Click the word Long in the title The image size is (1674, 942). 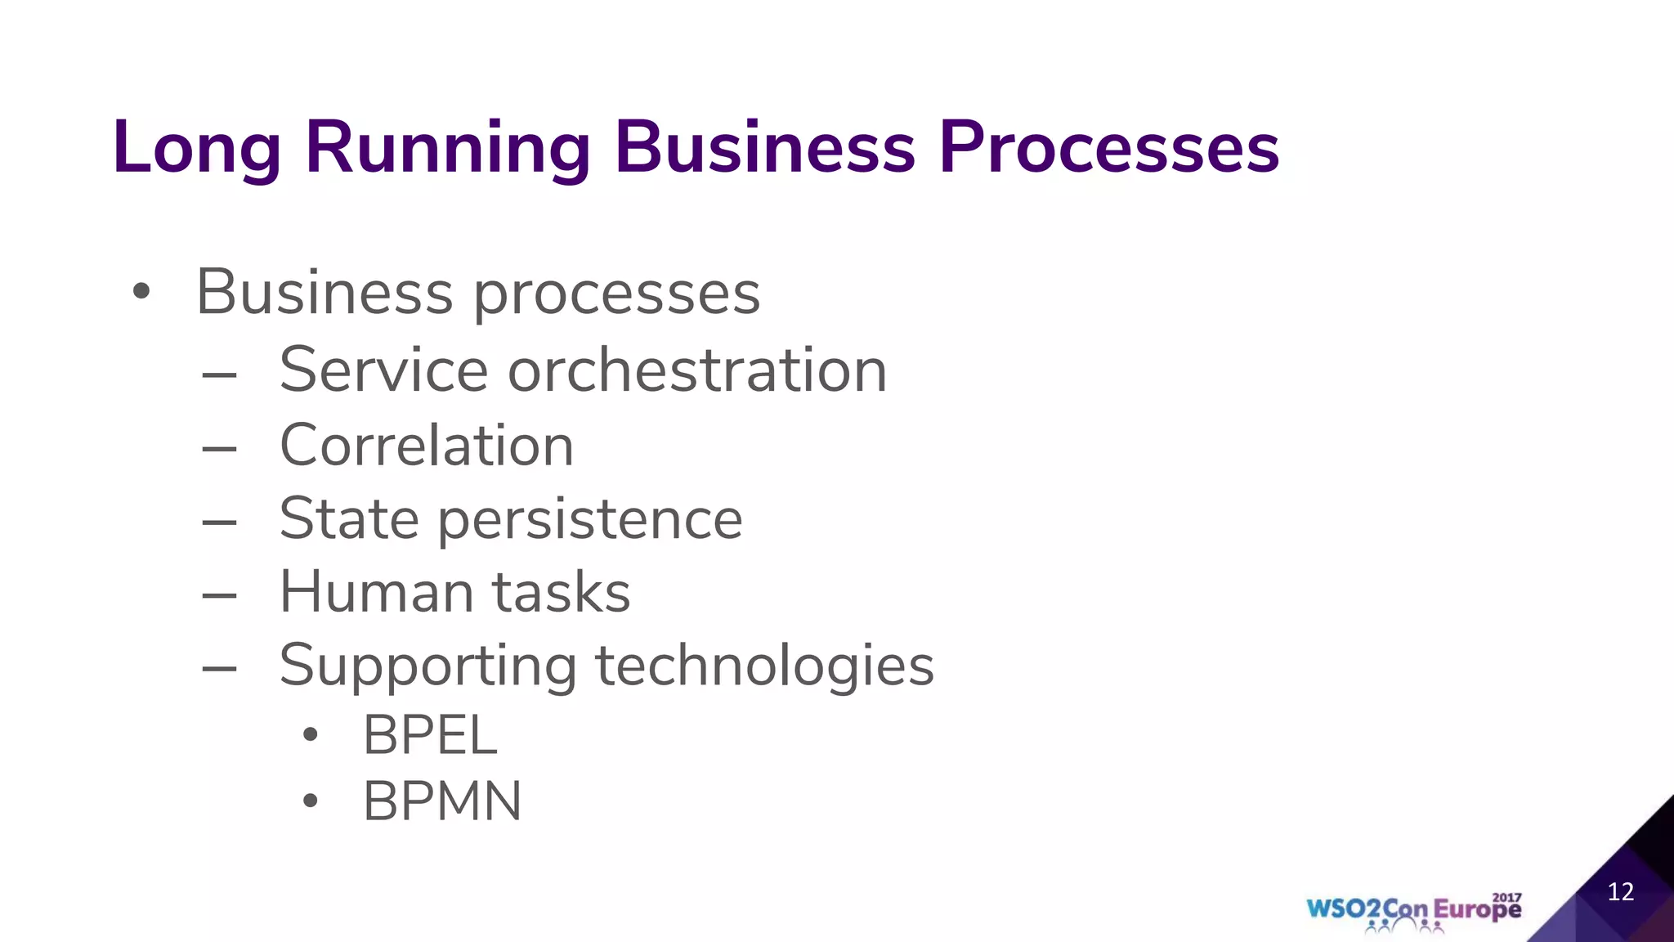(197, 148)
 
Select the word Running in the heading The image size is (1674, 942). (447, 148)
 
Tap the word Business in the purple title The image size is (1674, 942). (764, 146)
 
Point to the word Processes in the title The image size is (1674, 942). (1108, 148)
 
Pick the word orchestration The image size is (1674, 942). (697, 370)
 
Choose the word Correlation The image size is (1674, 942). (427, 446)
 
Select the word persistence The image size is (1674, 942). (591, 520)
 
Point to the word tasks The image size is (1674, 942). (561, 592)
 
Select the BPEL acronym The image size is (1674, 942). (430, 735)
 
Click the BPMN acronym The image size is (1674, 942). (442, 801)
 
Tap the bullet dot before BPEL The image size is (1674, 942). (310, 735)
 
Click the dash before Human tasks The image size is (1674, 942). (219, 595)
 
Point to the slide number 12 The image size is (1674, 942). (1620, 891)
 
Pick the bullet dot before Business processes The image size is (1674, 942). (141, 292)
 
